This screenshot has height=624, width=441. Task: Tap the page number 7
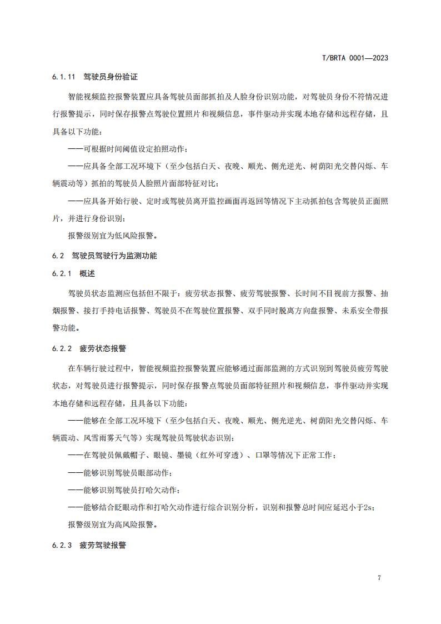tap(379, 578)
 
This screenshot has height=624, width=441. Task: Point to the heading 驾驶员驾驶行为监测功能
tap(114, 256)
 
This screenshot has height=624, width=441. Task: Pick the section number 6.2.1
tap(61, 274)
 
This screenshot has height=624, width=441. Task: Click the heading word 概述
tap(87, 274)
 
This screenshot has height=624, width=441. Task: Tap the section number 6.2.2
tap(61, 348)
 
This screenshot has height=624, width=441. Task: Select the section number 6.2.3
tap(61, 545)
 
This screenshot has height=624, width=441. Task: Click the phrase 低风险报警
tap(132, 236)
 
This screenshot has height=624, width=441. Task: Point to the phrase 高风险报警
tap(132, 523)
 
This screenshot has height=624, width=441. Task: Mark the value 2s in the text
tap(369, 507)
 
